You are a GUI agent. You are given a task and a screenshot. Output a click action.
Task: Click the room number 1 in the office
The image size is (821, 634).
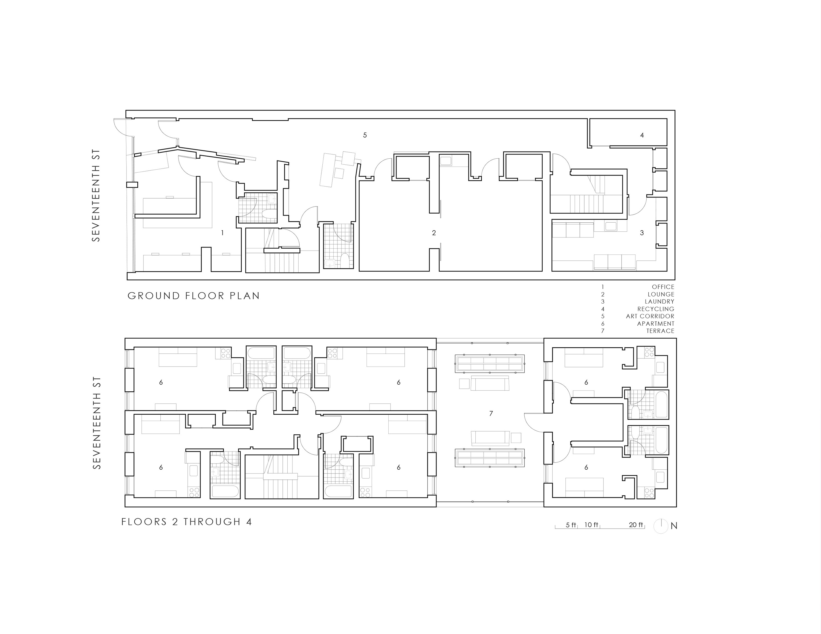pyautogui.click(x=222, y=233)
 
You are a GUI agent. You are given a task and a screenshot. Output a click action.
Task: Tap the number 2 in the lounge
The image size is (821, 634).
pyautogui.click(x=434, y=233)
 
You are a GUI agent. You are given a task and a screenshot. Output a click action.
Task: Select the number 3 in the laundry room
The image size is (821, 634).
pyautogui.click(x=642, y=233)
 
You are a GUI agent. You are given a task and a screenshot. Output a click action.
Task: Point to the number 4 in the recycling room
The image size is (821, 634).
pyautogui.click(x=642, y=135)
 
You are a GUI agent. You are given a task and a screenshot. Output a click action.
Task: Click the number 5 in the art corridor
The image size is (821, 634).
pyautogui.click(x=365, y=135)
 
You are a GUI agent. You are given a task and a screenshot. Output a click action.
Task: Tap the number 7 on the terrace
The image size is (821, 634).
pyautogui.click(x=491, y=414)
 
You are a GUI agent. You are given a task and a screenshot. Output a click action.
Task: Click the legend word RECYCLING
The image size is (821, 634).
pyautogui.click(x=656, y=309)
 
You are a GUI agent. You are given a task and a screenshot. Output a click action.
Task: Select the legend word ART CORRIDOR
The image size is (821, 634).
pyautogui.click(x=650, y=316)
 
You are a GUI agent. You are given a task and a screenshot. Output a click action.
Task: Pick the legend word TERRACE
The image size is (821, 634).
pyautogui.click(x=660, y=331)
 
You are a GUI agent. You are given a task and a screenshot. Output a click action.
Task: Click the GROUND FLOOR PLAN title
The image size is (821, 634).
pyautogui.click(x=193, y=296)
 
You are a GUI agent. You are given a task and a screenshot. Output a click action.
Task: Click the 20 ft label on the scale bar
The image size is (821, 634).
pyautogui.click(x=636, y=525)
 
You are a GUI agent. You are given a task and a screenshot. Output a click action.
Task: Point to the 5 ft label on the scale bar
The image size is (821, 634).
pyautogui.click(x=571, y=525)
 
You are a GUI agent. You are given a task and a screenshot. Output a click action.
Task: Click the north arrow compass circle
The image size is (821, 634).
pyautogui.click(x=661, y=526)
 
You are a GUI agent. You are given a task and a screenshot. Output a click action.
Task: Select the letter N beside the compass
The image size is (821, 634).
pyautogui.click(x=674, y=526)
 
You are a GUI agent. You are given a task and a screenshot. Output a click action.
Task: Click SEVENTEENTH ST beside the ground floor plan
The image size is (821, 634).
pyautogui.click(x=97, y=195)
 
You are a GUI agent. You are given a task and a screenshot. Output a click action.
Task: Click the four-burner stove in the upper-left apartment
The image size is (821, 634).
pyautogui.click(x=226, y=353)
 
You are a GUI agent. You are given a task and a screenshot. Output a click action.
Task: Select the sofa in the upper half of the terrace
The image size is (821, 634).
pyautogui.click(x=490, y=383)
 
